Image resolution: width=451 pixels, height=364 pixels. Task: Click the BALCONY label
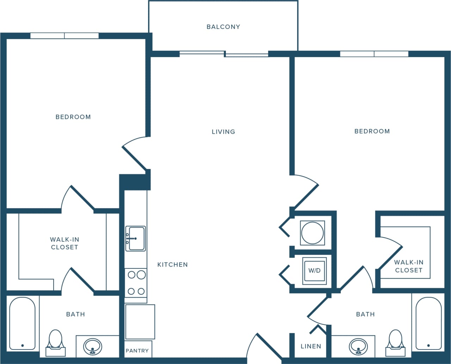[223, 27]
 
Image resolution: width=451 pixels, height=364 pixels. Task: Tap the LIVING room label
[223, 132]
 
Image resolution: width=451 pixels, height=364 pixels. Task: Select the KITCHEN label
[172, 265]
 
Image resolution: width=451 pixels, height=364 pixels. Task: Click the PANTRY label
[137, 351]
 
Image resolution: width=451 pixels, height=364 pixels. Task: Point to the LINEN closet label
[311, 346]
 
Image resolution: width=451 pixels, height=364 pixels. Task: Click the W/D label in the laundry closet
[314, 271]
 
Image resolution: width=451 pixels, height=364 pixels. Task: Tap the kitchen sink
[136, 238]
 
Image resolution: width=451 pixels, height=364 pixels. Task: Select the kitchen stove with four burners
[136, 283]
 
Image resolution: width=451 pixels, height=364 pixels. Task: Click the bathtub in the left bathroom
[22, 323]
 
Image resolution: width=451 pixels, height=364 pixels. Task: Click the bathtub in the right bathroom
[428, 323]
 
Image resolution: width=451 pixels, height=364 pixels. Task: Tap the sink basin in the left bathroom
[93, 346]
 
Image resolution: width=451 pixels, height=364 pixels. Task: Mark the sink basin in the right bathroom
[358, 346]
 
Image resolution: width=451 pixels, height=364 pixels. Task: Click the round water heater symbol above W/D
[312, 233]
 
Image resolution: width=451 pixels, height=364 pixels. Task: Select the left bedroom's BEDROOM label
[73, 117]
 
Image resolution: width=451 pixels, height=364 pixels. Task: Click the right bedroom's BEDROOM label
[372, 131]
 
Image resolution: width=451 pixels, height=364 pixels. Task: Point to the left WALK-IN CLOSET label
[64, 243]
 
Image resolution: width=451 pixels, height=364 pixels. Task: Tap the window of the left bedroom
[64, 36]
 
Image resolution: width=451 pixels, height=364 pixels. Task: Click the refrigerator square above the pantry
[140, 322]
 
